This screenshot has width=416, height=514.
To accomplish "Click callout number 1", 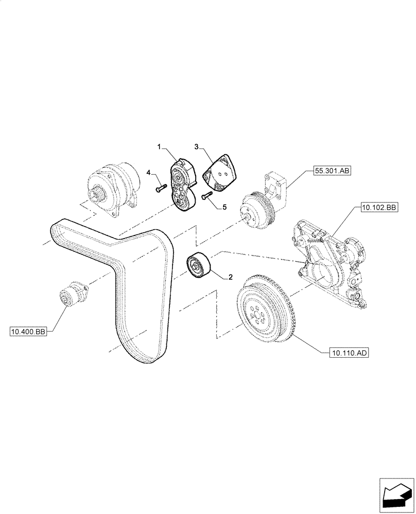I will tap(160, 148).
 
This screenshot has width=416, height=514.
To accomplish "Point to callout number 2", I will tap(230, 277).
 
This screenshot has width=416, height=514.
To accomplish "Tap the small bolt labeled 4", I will tap(159, 188).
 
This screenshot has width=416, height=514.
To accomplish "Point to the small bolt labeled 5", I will tap(206, 195).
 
